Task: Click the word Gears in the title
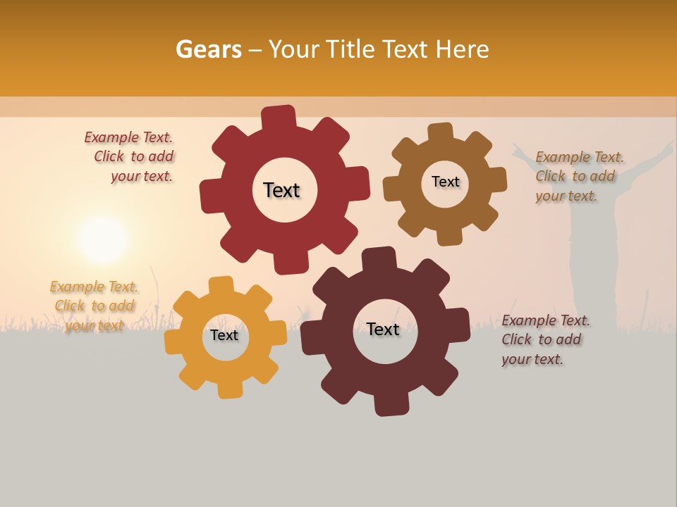pyautogui.click(x=208, y=49)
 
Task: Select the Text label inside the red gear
pyautogui.click(x=281, y=190)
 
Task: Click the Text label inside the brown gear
pyautogui.click(x=445, y=182)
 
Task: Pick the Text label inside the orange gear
pyautogui.click(x=224, y=335)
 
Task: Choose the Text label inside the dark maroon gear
pyautogui.click(x=383, y=329)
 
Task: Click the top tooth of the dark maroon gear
pyautogui.click(x=378, y=258)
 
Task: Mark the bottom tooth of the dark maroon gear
pyautogui.click(x=389, y=404)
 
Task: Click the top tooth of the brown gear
pyautogui.click(x=440, y=132)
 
